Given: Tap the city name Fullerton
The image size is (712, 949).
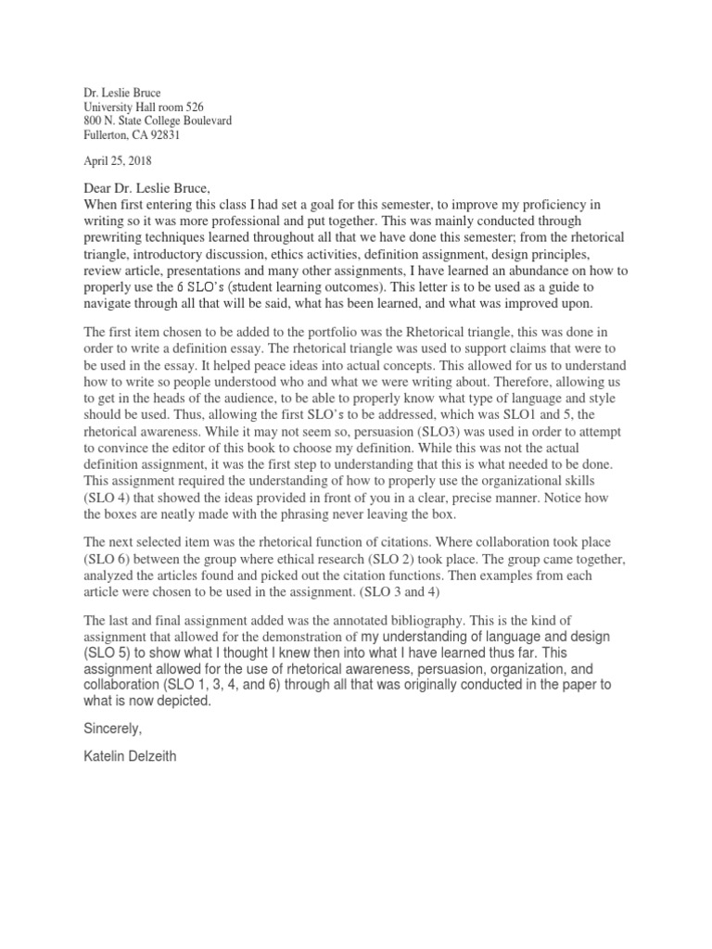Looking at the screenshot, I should pyautogui.click(x=105, y=135).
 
